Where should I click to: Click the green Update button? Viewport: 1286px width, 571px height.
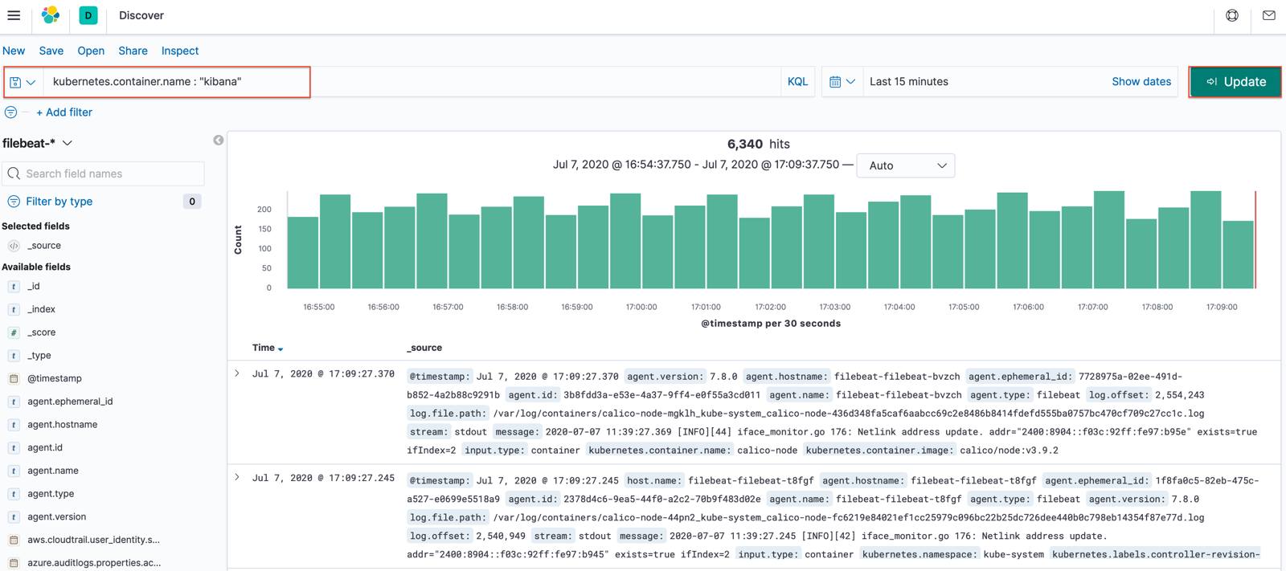pos(1235,82)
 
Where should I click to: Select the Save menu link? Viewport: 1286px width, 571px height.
pos(51,51)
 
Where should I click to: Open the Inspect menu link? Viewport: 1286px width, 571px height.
pos(179,51)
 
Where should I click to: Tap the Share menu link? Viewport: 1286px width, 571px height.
pos(133,51)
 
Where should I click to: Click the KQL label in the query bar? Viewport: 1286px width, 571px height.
pos(797,82)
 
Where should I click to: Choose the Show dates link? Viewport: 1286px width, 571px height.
pos(1141,82)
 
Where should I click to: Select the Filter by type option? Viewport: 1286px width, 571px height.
pos(59,202)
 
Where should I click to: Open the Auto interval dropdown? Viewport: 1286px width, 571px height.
pos(906,165)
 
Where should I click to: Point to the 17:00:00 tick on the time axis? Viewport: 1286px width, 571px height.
pos(641,307)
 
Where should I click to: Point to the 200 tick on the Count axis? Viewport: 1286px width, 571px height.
pos(264,210)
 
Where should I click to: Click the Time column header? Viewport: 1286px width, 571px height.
pos(264,348)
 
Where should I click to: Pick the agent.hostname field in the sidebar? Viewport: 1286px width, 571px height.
pos(62,425)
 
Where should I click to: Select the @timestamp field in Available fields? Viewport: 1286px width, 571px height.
pos(54,378)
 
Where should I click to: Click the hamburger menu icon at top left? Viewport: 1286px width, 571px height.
pos(14,15)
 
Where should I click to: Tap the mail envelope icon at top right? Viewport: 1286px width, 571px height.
pos(1269,15)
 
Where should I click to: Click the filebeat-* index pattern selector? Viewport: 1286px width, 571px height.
pos(37,143)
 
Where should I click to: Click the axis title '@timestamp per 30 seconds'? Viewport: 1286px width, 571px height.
pos(770,324)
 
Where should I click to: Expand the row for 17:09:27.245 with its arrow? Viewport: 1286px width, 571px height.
pos(237,477)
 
